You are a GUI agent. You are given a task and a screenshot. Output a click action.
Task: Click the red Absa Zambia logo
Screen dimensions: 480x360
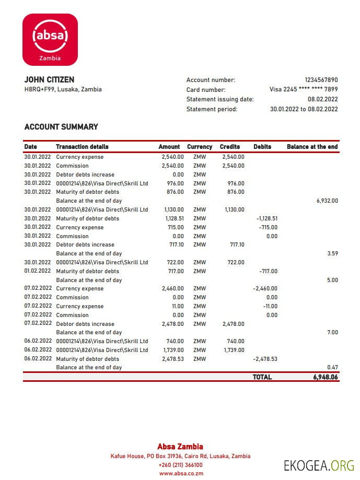pos(50,40)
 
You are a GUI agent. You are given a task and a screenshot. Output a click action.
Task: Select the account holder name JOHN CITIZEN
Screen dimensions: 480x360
pos(49,80)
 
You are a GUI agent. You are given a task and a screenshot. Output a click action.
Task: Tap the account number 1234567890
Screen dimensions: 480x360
pos(321,80)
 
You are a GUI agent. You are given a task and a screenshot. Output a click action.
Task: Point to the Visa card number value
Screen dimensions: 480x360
pos(304,89)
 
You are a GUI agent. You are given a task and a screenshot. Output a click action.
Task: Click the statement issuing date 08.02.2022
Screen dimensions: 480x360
pos(322,99)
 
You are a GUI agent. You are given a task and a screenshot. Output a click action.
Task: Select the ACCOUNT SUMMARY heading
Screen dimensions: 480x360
pos(61,127)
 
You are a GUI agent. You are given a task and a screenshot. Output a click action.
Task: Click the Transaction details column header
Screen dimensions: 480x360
pos(82,147)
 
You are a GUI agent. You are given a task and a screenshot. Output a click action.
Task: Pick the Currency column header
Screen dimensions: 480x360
pos(200,147)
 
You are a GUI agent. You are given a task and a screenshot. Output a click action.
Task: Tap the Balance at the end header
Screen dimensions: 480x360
pos(312,147)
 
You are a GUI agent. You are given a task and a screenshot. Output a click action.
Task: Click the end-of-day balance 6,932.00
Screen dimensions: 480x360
pos(327,201)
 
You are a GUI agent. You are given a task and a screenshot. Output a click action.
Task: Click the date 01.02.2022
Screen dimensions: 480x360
pos(38,271)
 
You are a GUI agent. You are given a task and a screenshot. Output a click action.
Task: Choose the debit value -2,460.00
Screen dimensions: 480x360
pos(265,288)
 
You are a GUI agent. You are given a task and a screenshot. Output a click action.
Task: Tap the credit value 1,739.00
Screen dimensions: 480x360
pos(234,350)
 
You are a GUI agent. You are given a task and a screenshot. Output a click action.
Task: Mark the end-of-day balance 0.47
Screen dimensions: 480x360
pos(332,367)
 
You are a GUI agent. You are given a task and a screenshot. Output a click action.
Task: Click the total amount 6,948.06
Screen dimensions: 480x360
pos(325,377)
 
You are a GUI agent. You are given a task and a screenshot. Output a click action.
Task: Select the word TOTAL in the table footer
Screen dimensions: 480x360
pos(262,377)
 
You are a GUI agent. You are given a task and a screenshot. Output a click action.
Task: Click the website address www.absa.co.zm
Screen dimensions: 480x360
pos(181,473)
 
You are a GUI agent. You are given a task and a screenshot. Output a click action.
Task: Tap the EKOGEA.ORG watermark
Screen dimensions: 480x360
pos(319,465)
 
